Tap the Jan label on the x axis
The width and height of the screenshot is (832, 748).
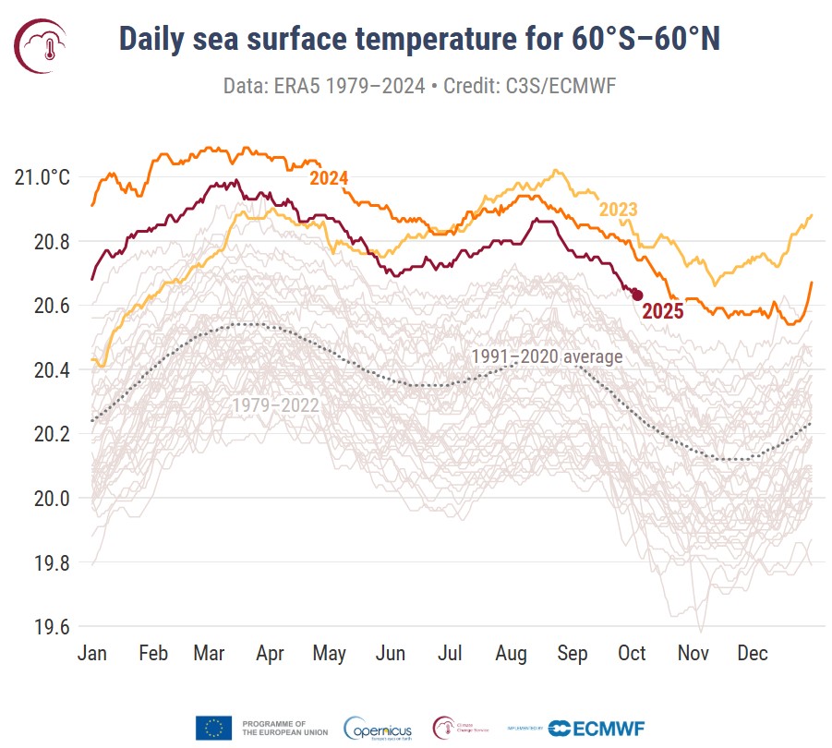click(x=92, y=654)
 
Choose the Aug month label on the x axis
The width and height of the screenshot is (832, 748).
click(x=511, y=654)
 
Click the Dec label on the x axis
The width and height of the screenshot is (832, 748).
click(x=753, y=654)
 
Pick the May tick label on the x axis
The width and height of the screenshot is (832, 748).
click(x=329, y=654)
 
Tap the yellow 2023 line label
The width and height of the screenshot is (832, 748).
click(x=618, y=210)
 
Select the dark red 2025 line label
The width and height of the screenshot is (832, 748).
click(x=663, y=311)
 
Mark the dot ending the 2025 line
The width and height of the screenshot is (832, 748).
click(x=636, y=295)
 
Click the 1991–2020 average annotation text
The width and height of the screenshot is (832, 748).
click(x=547, y=356)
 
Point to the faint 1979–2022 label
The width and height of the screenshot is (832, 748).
click(x=275, y=404)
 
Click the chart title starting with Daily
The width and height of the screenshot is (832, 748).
click(x=420, y=41)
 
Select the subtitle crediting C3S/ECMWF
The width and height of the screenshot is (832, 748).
click(x=420, y=86)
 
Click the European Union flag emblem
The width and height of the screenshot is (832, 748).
click(x=213, y=728)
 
